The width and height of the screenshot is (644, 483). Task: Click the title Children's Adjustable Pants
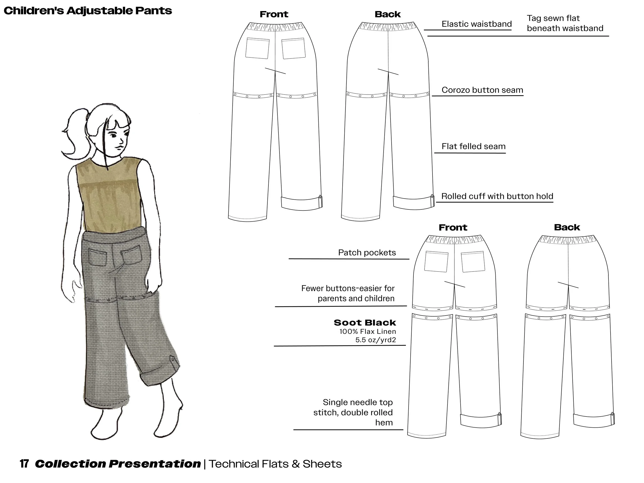click(x=88, y=11)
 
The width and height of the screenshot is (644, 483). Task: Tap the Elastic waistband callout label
click(x=476, y=24)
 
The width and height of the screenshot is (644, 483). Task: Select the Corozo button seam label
click(x=482, y=90)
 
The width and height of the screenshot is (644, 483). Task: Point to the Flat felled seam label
click(x=473, y=146)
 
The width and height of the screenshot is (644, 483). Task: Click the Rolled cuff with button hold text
click(x=497, y=196)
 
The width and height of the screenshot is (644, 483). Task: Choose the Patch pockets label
click(x=367, y=252)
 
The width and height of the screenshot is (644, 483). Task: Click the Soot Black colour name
click(x=365, y=323)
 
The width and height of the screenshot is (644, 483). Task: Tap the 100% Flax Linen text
click(x=367, y=331)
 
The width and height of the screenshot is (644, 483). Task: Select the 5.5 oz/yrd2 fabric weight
click(x=376, y=340)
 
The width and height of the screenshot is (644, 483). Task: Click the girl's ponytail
click(x=74, y=134)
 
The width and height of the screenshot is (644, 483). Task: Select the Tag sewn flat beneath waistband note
click(x=565, y=23)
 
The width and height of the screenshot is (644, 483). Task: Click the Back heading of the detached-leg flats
click(x=567, y=227)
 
